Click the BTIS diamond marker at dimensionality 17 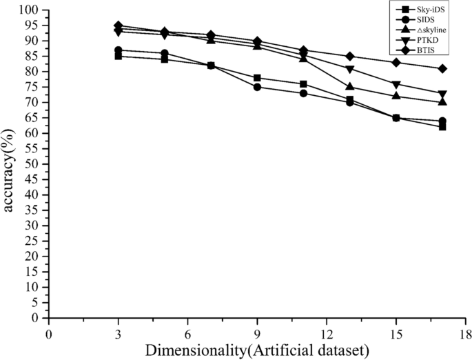(442, 68)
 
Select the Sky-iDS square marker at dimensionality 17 (442, 127)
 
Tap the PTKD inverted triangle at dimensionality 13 (350, 69)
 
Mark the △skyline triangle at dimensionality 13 (350, 87)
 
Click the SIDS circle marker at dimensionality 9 (257, 87)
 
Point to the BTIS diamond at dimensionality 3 (118, 26)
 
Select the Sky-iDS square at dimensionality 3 (118, 56)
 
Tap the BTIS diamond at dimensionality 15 (396, 62)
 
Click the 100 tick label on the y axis (30, 10)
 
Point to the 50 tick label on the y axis (33, 164)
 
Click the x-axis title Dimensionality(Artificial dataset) (256, 349)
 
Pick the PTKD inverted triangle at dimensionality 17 (442, 94)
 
